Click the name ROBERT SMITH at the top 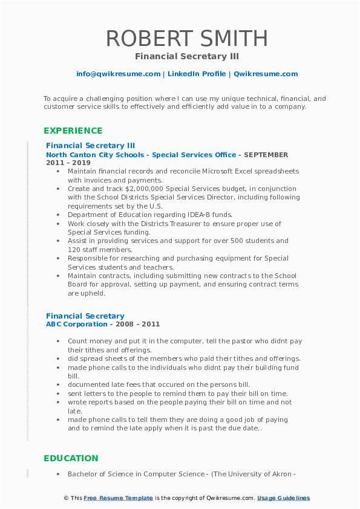tap(187, 38)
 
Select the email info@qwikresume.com tap(118, 74)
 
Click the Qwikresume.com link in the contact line tap(266, 74)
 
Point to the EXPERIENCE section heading tap(73, 131)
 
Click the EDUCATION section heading tap(71, 458)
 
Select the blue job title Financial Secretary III tap(90, 145)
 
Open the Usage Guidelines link tap(283, 498)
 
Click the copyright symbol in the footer tap(67, 498)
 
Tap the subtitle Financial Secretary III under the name tap(187, 56)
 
